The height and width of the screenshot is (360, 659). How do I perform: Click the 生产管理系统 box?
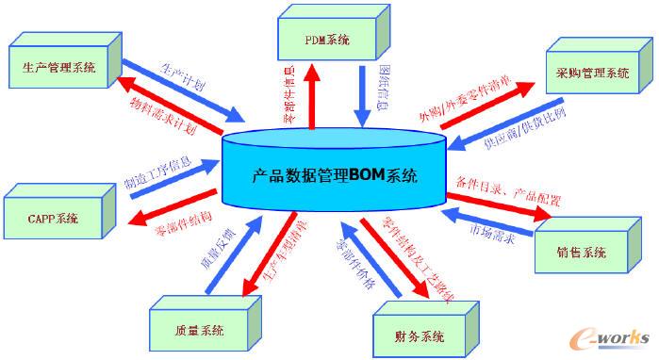(x=56, y=68)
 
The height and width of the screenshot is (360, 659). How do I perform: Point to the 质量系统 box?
(x=199, y=331)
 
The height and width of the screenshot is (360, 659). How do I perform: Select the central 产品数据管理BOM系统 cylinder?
(x=335, y=175)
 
